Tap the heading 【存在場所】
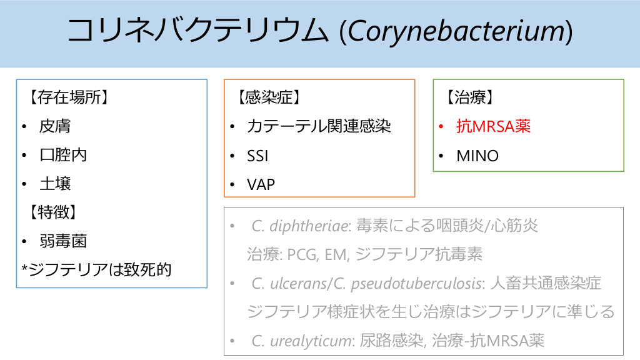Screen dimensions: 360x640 coord(62,97)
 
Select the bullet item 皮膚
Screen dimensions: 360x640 coord(55,126)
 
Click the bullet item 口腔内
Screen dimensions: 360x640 coord(63,155)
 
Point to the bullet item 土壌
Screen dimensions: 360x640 coord(55,184)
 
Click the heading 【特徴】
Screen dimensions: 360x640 coord(49,212)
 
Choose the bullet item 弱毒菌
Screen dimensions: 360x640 coord(63,241)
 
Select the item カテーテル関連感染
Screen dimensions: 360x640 coord(319,126)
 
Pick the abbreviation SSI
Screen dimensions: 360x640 coord(257,156)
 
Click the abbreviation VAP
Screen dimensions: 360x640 coord(261,184)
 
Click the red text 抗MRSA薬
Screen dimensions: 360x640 coord(494,126)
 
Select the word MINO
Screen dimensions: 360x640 coord(477,156)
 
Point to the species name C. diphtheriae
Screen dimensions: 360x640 coord(301,226)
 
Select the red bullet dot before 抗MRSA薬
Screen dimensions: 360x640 coord(441,127)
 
